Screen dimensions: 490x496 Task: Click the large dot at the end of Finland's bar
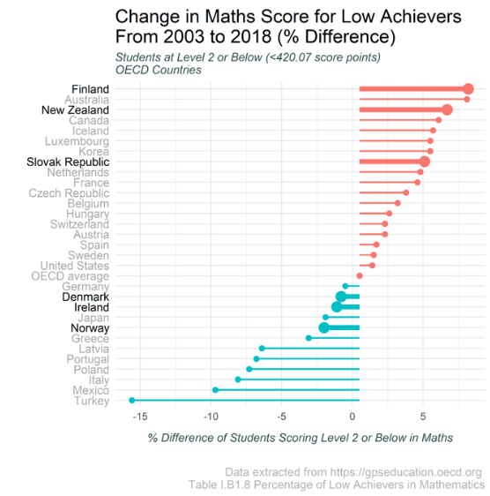point(468,89)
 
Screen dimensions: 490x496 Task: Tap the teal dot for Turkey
point(132,401)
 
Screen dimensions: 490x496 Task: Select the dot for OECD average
point(360,276)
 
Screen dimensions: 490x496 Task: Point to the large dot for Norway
point(323,327)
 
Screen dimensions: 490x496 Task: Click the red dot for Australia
point(467,100)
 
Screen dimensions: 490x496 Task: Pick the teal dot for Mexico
point(215,390)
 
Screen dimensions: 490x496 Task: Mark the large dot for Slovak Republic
point(425,162)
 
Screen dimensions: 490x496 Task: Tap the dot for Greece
point(308,338)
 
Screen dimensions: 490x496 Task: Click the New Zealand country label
point(75,110)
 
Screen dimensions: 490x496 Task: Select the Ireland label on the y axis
point(92,307)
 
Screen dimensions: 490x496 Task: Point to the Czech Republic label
point(69,193)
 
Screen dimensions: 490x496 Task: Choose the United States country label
point(75,266)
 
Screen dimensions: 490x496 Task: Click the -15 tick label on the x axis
point(140,417)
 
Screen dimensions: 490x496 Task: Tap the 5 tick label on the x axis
point(423,417)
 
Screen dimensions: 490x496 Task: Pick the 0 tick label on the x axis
point(353,417)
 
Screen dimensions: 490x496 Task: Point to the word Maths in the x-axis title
point(437,438)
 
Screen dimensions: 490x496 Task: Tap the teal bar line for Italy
point(299,380)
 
